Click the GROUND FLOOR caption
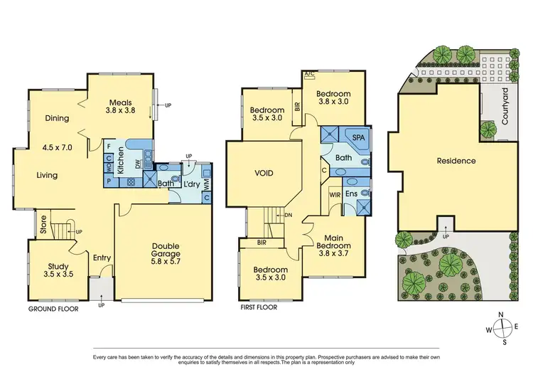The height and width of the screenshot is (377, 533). click(53, 310)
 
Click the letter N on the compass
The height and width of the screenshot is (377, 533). click(502, 315)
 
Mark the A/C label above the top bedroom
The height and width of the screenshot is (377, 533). click(309, 74)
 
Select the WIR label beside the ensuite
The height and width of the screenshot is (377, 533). click(335, 194)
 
